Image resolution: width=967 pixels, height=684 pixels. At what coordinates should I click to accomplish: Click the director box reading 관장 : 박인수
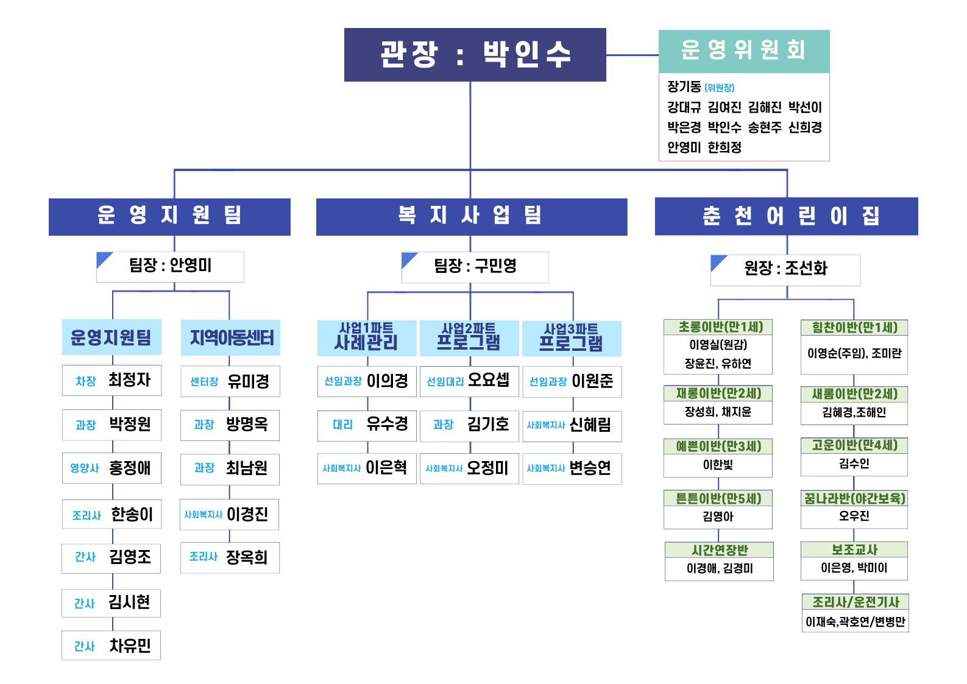[475, 55]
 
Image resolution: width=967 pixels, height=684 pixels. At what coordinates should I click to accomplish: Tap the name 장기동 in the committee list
[684, 87]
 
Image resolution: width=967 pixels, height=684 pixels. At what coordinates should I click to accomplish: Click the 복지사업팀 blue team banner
[471, 216]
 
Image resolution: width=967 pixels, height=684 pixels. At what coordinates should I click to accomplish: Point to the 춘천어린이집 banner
[786, 216]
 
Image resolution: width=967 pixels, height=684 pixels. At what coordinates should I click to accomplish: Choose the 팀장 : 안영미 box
[170, 266]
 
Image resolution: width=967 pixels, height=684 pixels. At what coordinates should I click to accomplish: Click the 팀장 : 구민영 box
[475, 267]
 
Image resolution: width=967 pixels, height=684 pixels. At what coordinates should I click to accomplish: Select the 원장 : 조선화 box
[785, 269]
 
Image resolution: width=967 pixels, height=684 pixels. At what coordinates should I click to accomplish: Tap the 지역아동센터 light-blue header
[231, 337]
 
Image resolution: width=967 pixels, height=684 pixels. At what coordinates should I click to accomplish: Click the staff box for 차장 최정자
[112, 381]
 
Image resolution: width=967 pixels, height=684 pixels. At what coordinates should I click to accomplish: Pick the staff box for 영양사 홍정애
[112, 468]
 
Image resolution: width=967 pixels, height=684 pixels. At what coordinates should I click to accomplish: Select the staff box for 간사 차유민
[111, 646]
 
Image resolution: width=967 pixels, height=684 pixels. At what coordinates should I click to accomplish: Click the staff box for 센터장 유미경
[230, 381]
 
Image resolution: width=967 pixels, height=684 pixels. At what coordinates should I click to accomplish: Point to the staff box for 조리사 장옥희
[230, 557]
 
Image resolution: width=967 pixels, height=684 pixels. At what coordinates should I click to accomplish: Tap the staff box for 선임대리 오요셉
[469, 381]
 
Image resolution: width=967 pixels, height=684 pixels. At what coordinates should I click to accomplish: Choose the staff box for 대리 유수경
[367, 425]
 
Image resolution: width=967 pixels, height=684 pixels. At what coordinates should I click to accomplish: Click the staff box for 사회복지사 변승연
[572, 468]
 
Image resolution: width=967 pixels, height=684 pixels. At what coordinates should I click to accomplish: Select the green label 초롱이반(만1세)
[718, 327]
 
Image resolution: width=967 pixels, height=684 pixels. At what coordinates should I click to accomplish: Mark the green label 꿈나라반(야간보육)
[854, 498]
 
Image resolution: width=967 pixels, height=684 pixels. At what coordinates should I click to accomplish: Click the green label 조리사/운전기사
[855, 602]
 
